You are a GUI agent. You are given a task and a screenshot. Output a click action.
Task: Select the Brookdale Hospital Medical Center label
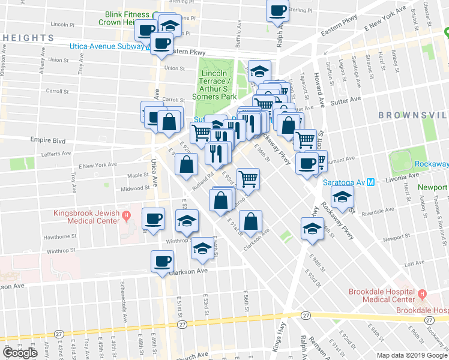[382, 295]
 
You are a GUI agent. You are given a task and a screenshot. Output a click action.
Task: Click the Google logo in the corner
[20, 352]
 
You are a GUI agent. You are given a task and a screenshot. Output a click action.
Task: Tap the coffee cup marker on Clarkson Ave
[162, 261]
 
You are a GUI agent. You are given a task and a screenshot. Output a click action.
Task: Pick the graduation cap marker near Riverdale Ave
[342, 197]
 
